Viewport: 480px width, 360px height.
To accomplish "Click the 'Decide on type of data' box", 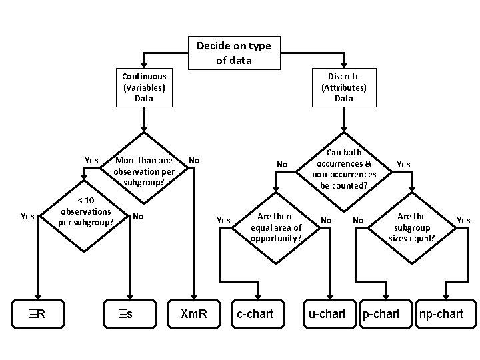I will [x=233, y=53].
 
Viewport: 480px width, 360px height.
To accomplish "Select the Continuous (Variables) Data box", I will [x=144, y=87].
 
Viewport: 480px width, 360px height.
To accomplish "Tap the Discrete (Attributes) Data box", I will [x=344, y=87].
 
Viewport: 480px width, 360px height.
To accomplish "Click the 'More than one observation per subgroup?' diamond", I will [x=144, y=171].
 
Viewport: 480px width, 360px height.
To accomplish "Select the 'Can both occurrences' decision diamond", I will [x=344, y=169].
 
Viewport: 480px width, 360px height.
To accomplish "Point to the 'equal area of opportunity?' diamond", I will [x=275, y=227].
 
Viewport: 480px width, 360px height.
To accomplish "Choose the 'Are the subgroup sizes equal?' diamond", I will [x=411, y=227].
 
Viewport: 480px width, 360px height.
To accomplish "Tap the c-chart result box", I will [x=255, y=313].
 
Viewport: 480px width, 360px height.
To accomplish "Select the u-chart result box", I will [x=326, y=313].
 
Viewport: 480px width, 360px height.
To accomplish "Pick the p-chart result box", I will [x=381, y=313].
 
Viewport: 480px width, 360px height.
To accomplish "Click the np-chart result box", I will [x=441, y=313].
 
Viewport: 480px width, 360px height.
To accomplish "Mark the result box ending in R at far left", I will [x=37, y=313].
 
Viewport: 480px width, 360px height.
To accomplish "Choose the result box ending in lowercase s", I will [x=125, y=313].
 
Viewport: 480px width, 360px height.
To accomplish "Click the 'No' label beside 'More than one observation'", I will [x=194, y=160].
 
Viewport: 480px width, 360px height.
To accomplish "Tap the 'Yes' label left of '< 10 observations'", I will [x=27, y=215].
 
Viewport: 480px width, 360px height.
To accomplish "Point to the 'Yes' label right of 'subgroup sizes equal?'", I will [x=463, y=220].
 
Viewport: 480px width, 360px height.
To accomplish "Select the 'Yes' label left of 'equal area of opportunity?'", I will [x=224, y=220].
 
